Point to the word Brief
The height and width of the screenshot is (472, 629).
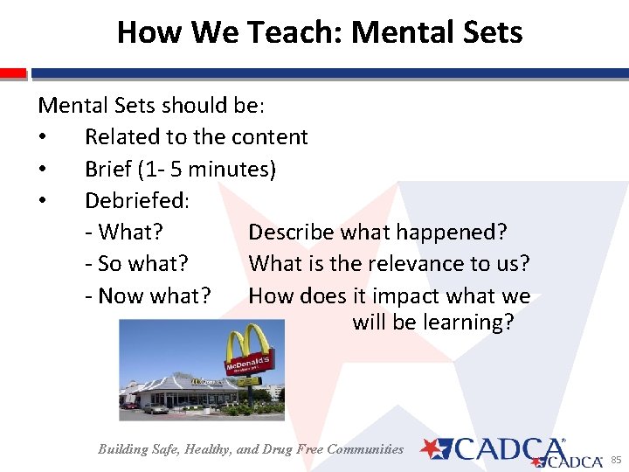click(x=109, y=169)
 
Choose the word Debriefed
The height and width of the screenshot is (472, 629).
click(x=135, y=201)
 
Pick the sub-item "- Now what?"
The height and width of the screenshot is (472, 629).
click(x=148, y=296)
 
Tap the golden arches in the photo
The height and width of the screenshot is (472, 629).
click(x=247, y=344)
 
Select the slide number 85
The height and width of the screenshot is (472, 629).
click(x=615, y=460)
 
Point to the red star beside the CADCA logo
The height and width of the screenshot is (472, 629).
click(x=431, y=448)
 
